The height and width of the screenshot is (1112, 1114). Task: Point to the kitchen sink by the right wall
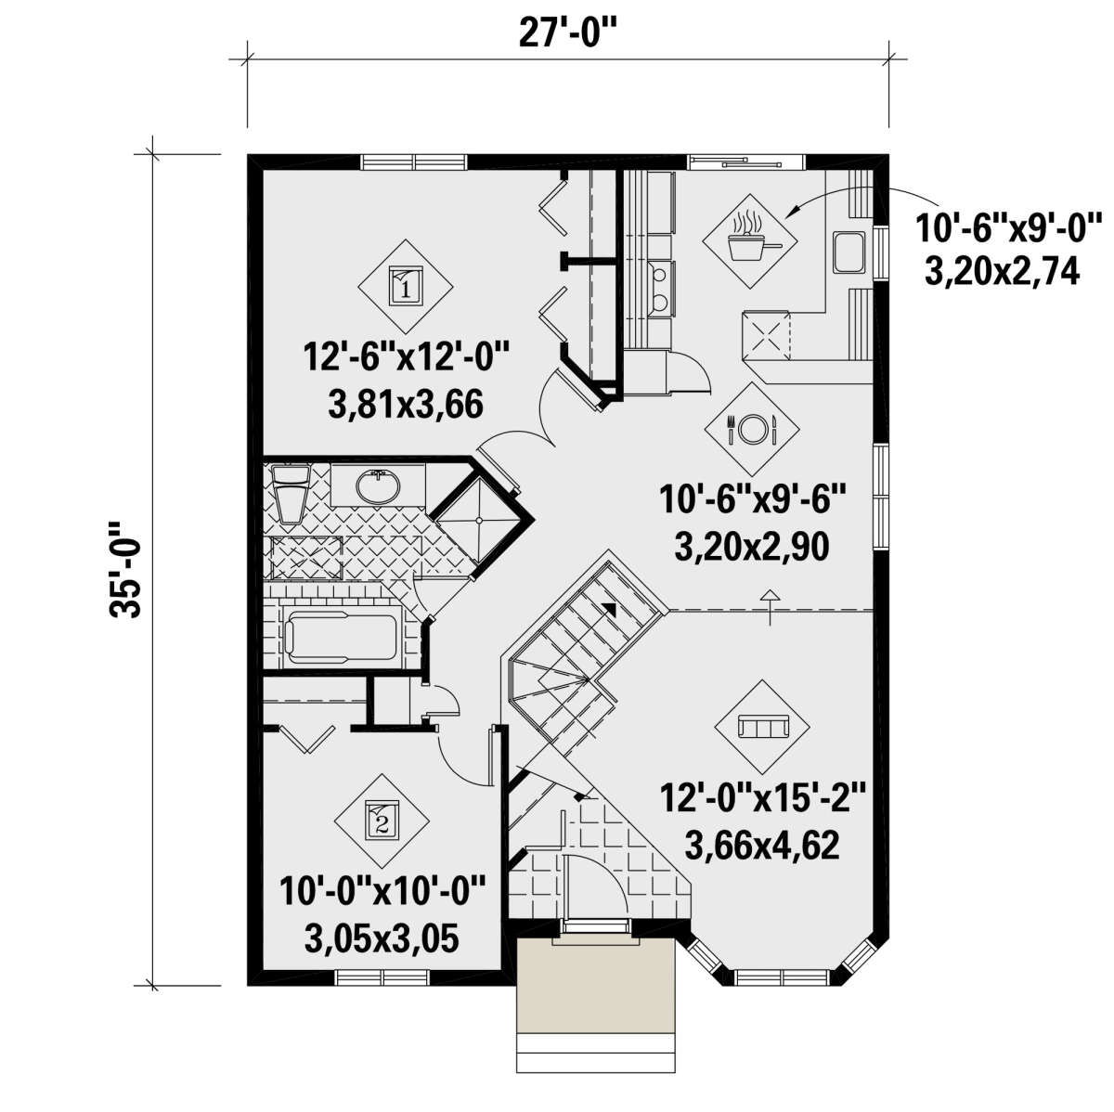click(848, 252)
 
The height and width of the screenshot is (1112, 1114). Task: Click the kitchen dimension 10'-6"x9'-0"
click(1007, 225)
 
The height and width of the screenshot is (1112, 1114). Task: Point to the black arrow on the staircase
click(610, 608)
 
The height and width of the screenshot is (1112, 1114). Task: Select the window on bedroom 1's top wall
click(414, 162)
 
